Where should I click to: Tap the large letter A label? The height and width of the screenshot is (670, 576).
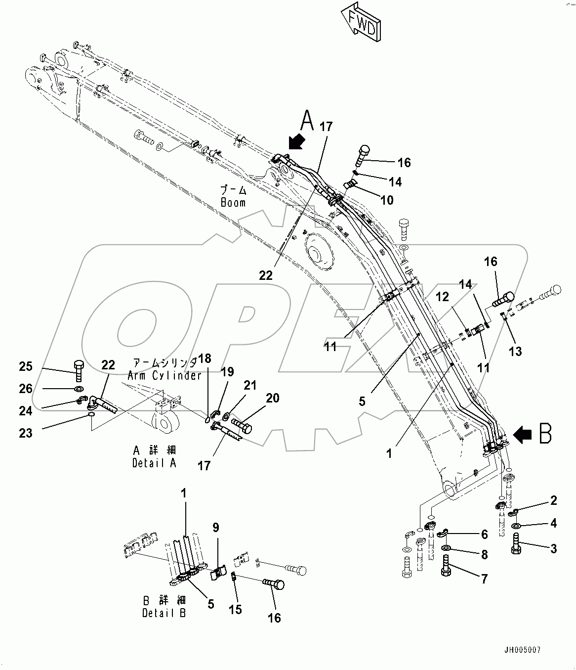[x=307, y=120]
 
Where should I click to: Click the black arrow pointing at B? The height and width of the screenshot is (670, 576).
[x=523, y=435]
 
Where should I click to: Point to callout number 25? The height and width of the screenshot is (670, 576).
[x=26, y=366]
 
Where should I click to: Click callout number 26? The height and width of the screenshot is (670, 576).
[x=26, y=389]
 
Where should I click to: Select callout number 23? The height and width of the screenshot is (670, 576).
[x=26, y=433]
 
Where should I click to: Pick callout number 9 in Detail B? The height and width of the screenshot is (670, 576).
[x=215, y=528]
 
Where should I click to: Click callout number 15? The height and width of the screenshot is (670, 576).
[x=236, y=609]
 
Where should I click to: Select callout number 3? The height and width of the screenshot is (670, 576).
[x=553, y=548]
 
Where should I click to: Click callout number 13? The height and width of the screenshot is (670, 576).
[x=516, y=351]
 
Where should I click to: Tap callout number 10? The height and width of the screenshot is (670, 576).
[x=387, y=200]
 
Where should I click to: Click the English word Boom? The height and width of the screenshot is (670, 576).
[x=233, y=203]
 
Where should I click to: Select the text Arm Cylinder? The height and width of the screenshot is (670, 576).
[x=164, y=375]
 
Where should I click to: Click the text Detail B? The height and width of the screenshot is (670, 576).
[x=165, y=613]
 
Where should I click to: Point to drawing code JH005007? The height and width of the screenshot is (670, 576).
[x=526, y=650]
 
